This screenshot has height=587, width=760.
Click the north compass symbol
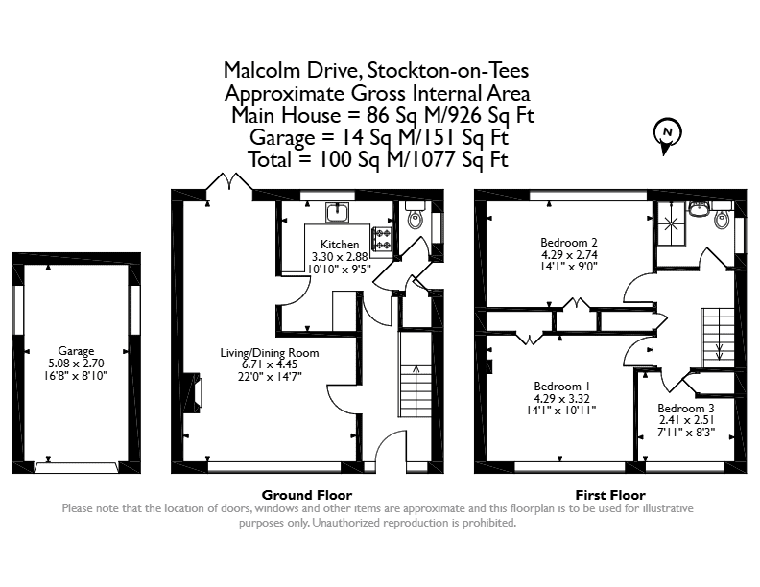(x=668, y=135)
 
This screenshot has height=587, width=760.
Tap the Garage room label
(x=76, y=351)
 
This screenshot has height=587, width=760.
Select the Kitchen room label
(x=340, y=244)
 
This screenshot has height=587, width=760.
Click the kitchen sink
(x=337, y=212)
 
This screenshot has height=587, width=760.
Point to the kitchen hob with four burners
(x=382, y=239)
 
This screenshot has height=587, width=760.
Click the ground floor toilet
(x=416, y=215)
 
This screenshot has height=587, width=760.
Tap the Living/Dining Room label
(x=270, y=353)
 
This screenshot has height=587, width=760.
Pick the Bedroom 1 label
(x=561, y=387)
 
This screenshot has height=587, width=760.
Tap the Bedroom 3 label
(x=686, y=409)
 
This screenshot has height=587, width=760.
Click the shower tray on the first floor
(x=672, y=223)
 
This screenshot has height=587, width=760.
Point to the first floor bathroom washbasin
(x=699, y=209)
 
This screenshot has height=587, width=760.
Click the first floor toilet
(x=722, y=215)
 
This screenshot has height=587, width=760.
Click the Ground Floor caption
(x=307, y=495)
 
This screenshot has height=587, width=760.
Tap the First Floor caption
(x=610, y=495)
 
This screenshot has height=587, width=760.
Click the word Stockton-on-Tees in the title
(x=448, y=71)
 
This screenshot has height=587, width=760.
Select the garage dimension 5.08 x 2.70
(x=76, y=364)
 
